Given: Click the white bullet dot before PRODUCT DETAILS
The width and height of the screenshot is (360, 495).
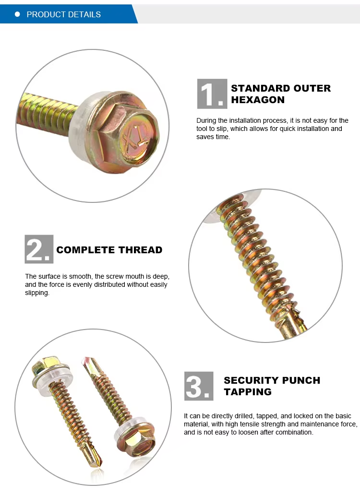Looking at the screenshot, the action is coord(17,14).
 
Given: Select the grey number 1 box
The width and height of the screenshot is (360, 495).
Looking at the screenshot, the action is coord(212,94).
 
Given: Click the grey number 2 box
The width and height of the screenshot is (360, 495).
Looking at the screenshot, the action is coord(39,249).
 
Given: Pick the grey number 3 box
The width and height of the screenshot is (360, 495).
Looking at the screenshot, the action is coord(199,386).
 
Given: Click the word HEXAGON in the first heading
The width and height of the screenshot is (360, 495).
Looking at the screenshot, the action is coord(258,100).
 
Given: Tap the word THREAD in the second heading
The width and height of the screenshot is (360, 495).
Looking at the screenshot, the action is coord(140,250).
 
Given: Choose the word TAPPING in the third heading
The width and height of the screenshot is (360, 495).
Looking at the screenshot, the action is coord(248,392).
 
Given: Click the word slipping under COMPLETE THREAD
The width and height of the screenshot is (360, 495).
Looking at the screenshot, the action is coord(36,293).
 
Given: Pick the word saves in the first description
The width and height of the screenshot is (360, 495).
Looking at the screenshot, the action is coord(205,137).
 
